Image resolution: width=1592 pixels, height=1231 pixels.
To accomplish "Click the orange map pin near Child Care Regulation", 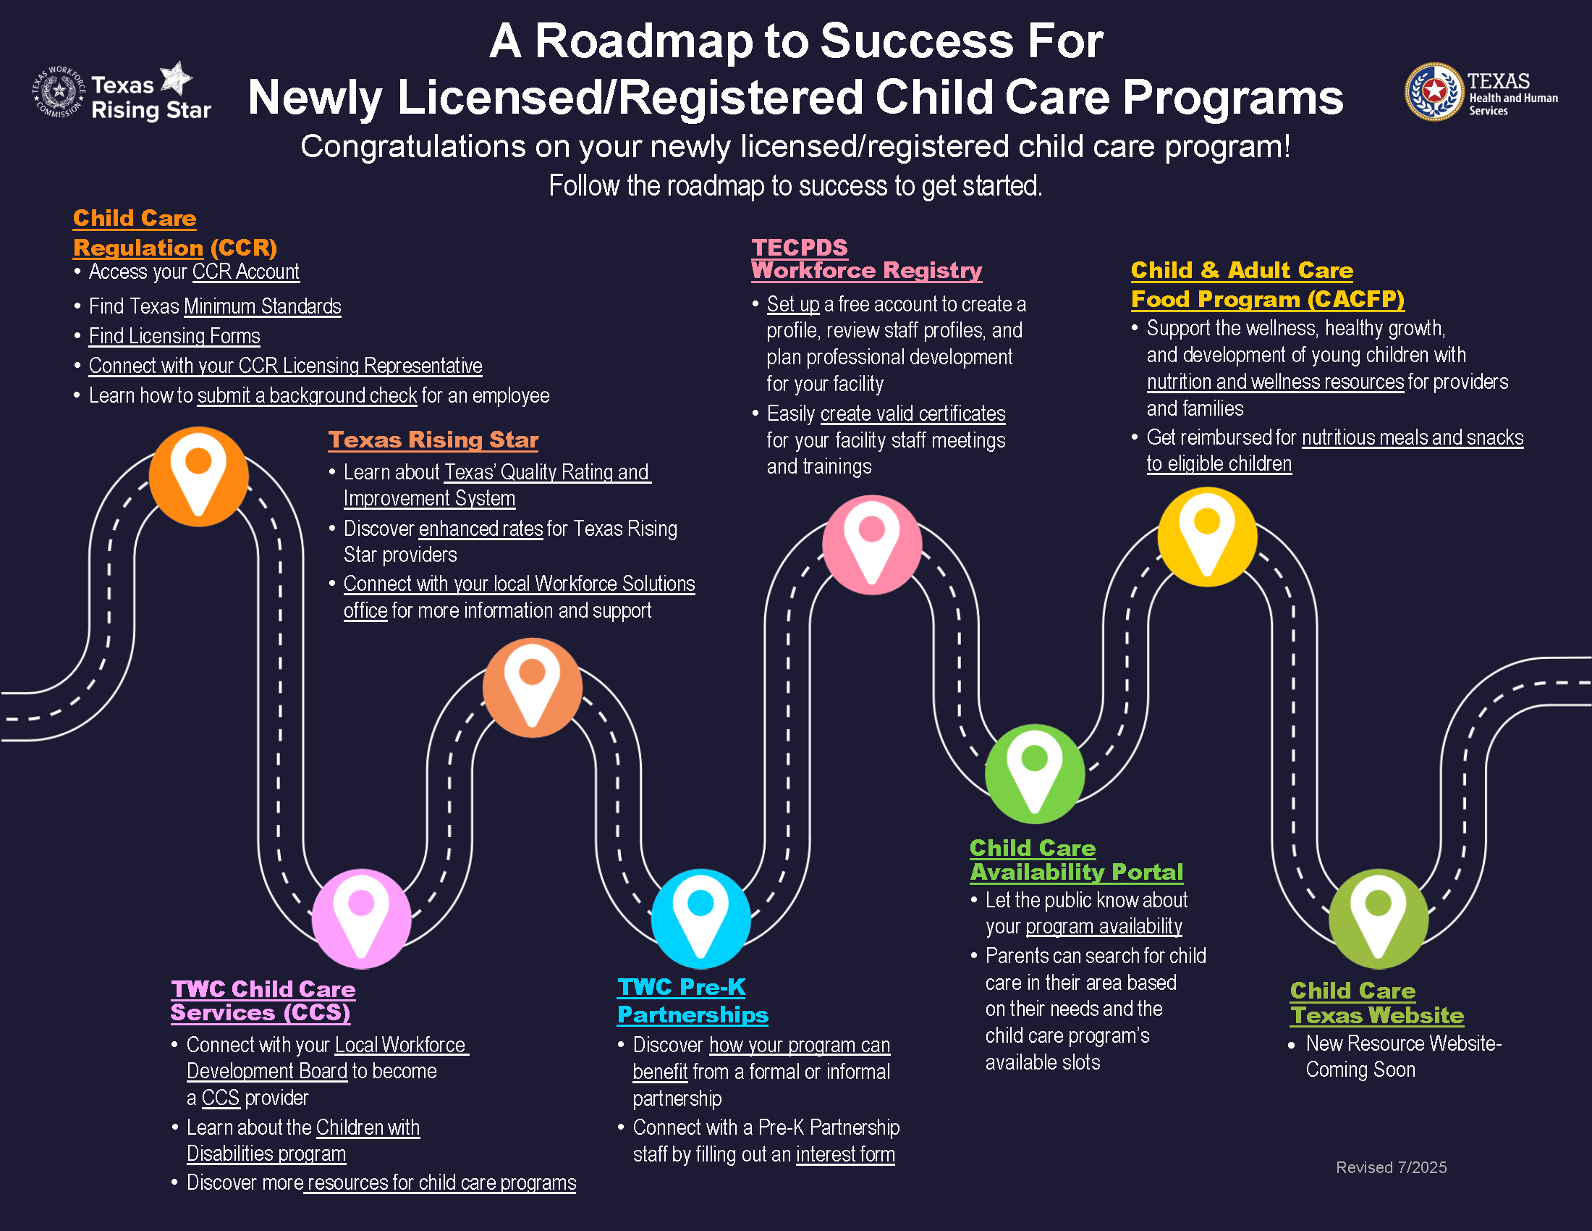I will pos(198,477).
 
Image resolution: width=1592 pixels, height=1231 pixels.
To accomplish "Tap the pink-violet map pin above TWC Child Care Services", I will pos(361,919).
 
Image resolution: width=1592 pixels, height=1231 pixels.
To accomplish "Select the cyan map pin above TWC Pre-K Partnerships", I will pos(700,919).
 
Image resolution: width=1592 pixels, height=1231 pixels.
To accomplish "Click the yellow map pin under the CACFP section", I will pos(1207,537).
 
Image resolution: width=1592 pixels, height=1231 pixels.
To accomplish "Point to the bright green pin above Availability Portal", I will pos(1034,774).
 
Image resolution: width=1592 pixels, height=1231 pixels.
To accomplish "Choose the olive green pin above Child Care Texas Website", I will pos(1378,919).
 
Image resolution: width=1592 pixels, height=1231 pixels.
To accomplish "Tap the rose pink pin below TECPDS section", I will pos(872,545).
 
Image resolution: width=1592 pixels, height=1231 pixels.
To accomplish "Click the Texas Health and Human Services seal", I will pos(1434,92).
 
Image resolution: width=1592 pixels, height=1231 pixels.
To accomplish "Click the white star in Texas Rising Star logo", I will pos(176,77).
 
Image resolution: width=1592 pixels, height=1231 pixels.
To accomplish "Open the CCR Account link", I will pos(245,272).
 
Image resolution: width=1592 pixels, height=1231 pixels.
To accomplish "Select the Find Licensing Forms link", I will pos(174,336).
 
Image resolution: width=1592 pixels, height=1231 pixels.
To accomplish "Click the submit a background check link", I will pos(307,396).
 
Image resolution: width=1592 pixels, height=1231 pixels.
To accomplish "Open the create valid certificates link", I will pos(913,414).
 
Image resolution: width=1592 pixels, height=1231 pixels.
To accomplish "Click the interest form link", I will pos(844,1155).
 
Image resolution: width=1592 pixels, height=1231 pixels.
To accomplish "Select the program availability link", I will pos(1104,927).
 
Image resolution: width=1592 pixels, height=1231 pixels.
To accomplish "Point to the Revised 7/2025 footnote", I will pos(1391,1167).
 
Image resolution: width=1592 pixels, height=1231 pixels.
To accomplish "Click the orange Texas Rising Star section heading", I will pos(433,440).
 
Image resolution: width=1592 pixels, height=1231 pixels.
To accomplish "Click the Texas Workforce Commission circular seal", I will pos(59,92).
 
